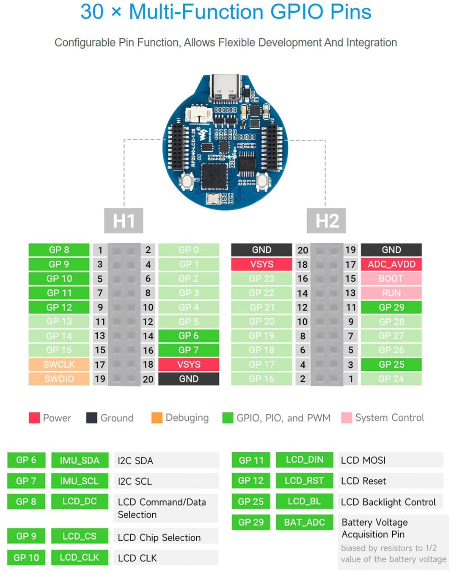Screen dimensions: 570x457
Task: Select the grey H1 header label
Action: (x=124, y=220)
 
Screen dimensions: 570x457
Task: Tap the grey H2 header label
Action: (x=326, y=220)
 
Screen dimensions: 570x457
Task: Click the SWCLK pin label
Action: (x=59, y=364)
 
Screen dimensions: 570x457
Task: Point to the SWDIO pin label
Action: (x=59, y=379)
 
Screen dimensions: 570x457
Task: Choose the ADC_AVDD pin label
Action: (x=391, y=264)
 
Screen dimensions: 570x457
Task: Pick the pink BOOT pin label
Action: (x=391, y=278)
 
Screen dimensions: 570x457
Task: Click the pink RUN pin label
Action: (x=391, y=293)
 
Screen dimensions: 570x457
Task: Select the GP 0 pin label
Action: (x=188, y=250)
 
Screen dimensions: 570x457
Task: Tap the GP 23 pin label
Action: (x=262, y=278)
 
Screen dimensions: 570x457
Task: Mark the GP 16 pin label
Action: (x=262, y=379)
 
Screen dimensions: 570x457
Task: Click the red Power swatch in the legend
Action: (x=34, y=418)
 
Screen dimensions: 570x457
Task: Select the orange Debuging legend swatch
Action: (x=157, y=418)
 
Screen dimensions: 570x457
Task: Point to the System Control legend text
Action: (x=389, y=418)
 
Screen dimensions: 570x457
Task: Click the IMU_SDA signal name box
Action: (x=80, y=460)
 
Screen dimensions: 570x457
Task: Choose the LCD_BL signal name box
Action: (x=304, y=501)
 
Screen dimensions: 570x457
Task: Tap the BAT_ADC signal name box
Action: (x=304, y=522)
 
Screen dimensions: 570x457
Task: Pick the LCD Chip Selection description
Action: (x=159, y=537)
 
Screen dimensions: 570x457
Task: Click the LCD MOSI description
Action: (x=363, y=460)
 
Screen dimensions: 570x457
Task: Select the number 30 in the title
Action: (x=92, y=12)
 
